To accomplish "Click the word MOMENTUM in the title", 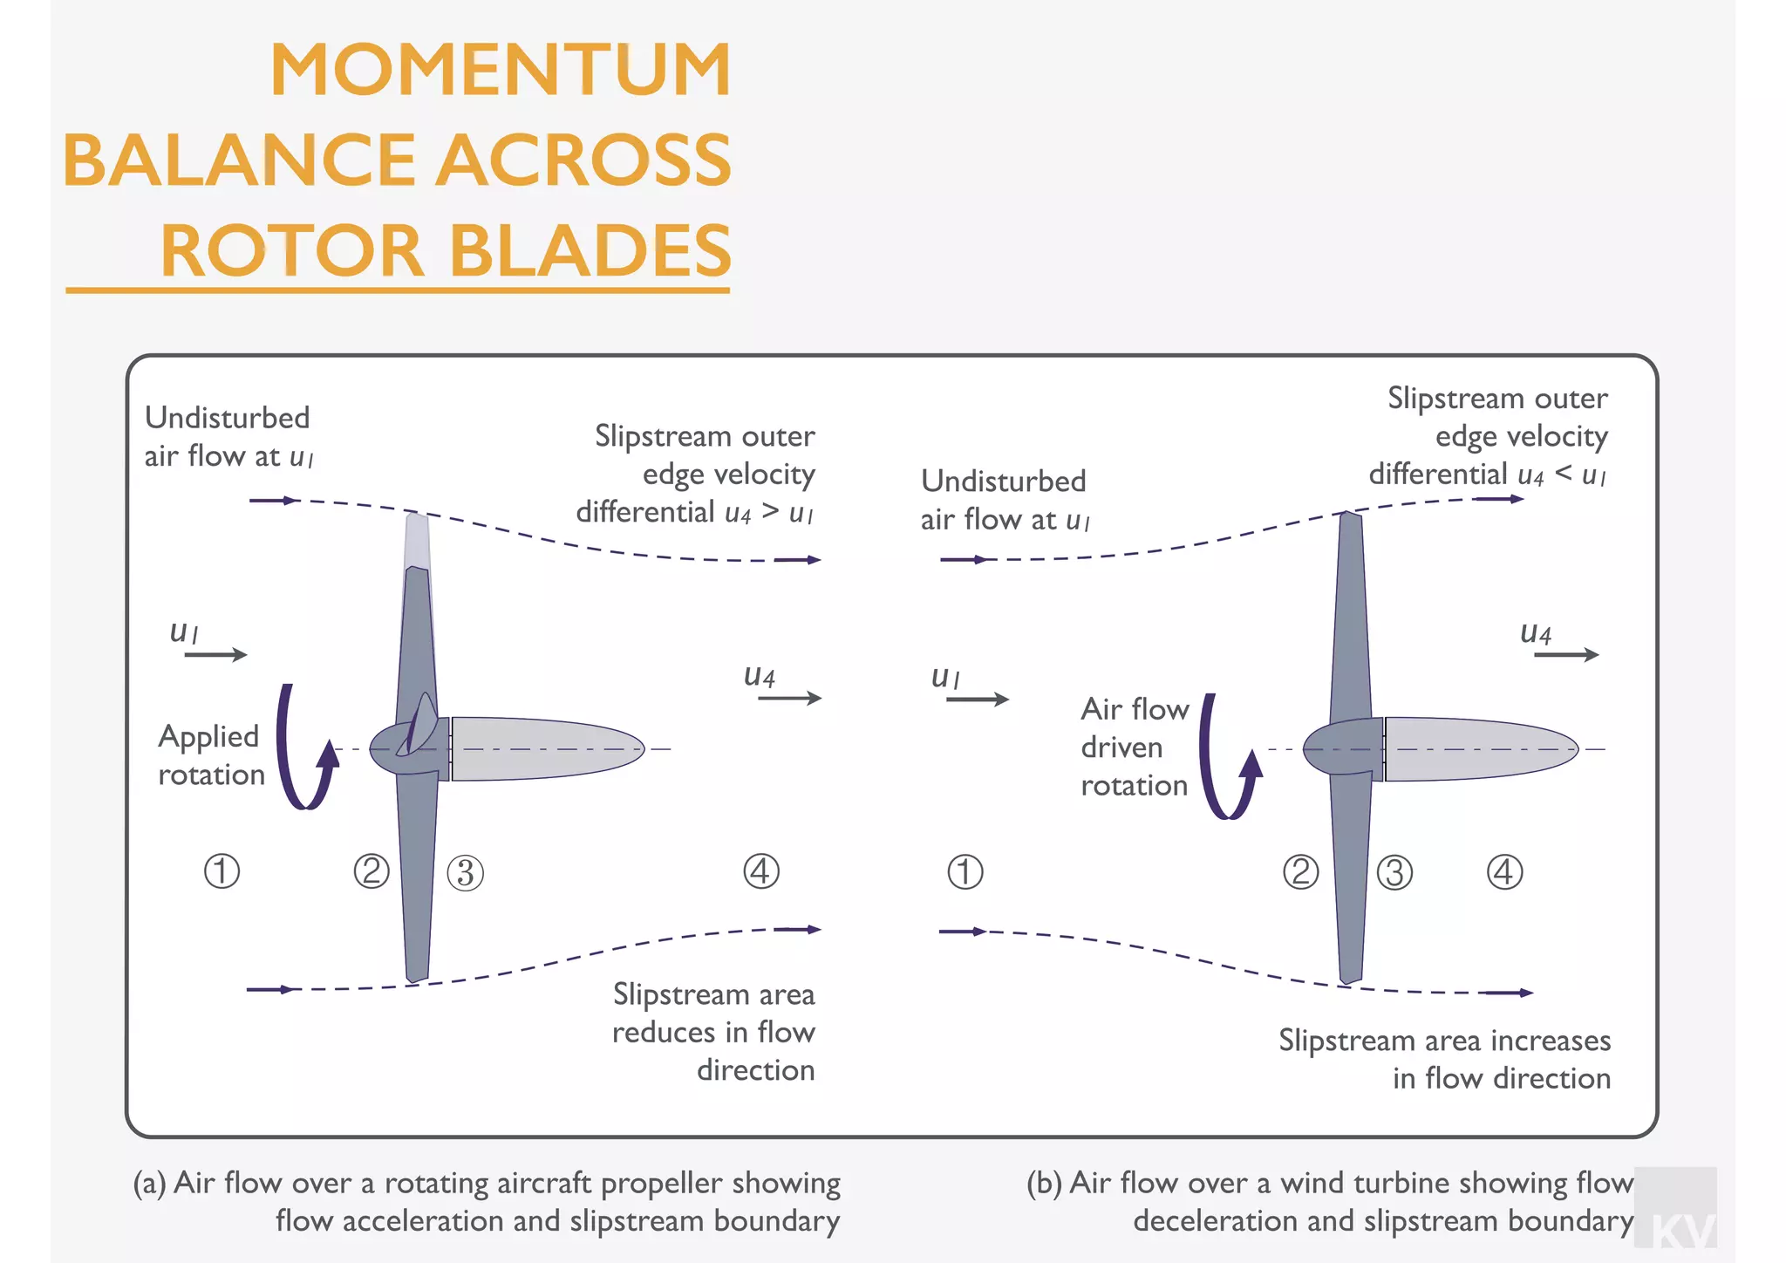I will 500,70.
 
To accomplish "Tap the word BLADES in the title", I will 590,250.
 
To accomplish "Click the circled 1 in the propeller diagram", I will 222,871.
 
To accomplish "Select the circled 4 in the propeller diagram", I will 760,871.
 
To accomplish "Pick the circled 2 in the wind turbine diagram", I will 1300,872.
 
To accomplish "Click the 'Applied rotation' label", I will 210,755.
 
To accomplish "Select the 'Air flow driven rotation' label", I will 1134,748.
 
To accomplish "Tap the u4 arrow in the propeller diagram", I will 789,698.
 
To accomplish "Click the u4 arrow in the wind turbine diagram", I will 1566,654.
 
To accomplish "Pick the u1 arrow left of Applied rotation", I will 215,654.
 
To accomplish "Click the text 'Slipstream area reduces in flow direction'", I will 713,1032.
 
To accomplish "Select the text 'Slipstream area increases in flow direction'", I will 1445,1059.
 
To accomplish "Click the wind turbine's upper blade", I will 1350,611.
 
